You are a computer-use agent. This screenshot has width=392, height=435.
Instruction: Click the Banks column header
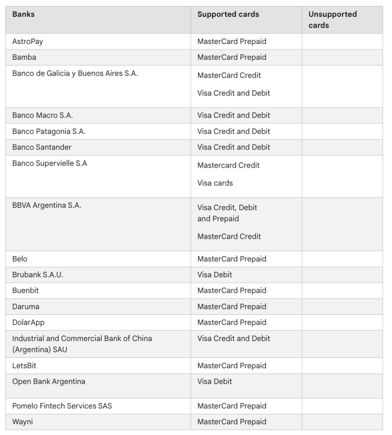coord(23,15)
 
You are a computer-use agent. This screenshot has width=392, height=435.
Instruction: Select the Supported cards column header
coord(228,15)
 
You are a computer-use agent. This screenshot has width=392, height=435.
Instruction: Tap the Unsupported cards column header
coord(332,20)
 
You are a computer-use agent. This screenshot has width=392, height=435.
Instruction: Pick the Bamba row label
coord(24,57)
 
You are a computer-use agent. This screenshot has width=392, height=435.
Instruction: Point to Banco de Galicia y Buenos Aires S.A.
coord(75,73)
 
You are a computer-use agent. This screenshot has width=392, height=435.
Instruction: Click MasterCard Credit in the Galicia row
coord(229,75)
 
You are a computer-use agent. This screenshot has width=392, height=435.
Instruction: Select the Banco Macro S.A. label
coord(42,115)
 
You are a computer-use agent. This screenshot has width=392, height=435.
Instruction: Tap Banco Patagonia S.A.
coord(49,131)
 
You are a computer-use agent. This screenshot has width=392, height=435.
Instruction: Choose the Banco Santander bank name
coord(42,147)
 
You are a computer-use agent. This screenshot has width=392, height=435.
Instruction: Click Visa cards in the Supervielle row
coord(215,183)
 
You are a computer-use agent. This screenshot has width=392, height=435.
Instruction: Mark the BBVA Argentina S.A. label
coord(47,205)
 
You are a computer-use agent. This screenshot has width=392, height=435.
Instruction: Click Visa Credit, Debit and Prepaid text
coord(227,213)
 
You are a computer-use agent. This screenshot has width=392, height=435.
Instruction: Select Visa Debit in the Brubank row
coord(214,275)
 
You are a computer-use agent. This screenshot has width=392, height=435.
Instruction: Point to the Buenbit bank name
coord(26,290)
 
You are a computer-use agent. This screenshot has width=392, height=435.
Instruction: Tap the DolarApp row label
coord(28,322)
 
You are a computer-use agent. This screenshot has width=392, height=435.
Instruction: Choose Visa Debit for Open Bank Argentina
coord(214,381)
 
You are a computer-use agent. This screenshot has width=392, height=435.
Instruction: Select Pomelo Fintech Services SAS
coord(62,406)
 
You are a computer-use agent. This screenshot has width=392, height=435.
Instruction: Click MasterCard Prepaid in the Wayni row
coord(232,421)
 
